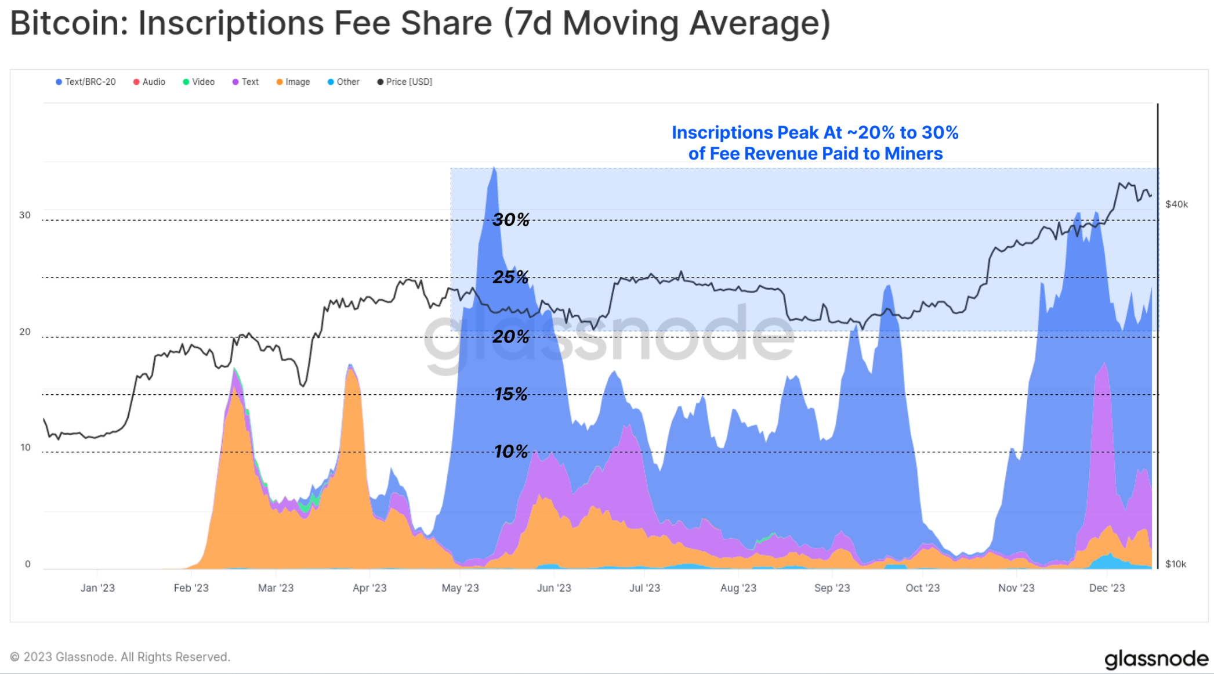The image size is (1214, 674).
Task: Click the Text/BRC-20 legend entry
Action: (x=86, y=82)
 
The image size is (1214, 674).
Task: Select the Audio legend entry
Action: (x=150, y=82)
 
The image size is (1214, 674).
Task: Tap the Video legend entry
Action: (x=199, y=82)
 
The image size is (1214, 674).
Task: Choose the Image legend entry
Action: (x=293, y=82)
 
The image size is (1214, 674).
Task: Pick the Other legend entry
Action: (x=343, y=82)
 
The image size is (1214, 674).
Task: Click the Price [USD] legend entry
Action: (x=405, y=82)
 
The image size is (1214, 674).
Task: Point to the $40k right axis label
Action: (x=1176, y=204)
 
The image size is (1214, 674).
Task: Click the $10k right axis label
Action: (x=1176, y=564)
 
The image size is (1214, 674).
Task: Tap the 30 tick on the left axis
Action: (x=25, y=215)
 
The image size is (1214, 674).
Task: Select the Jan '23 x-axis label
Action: (x=97, y=588)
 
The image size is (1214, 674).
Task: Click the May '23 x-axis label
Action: (x=460, y=588)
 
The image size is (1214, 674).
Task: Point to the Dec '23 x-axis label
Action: (x=1107, y=588)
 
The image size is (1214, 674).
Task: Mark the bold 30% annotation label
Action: (x=510, y=220)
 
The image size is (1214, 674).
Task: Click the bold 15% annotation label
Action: (x=510, y=395)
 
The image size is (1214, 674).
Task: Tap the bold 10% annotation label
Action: (x=510, y=452)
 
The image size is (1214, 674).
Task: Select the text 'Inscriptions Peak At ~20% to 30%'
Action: (x=815, y=133)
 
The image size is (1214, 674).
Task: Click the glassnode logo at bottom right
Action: (x=1156, y=659)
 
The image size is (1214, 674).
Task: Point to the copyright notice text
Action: (x=120, y=657)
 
